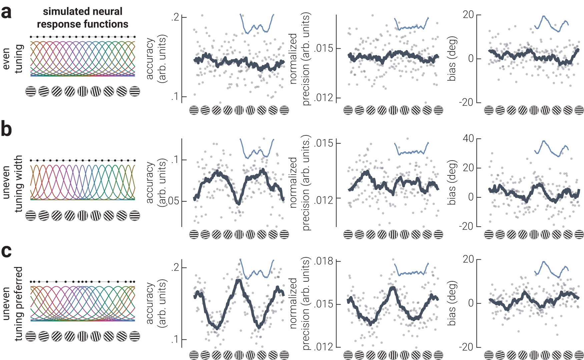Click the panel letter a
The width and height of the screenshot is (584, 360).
(x=7, y=12)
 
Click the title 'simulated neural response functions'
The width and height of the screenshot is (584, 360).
(x=82, y=18)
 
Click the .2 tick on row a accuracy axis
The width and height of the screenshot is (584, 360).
(x=175, y=17)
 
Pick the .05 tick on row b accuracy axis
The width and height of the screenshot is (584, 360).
(x=172, y=201)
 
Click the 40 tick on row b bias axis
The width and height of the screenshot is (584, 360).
(x=468, y=138)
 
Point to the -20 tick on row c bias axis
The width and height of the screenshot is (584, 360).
(x=466, y=347)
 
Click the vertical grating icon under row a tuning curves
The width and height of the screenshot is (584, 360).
(x=82, y=91)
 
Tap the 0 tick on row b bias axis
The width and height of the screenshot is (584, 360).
(x=471, y=197)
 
